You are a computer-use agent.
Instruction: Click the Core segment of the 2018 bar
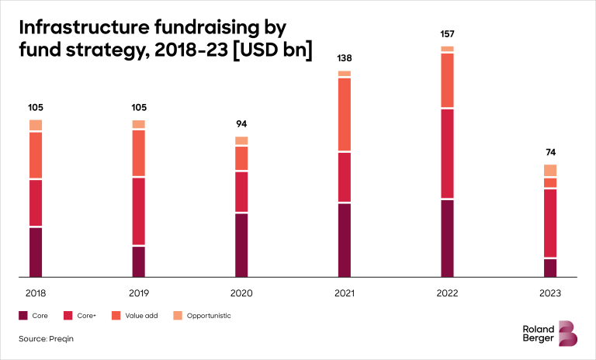click(x=36, y=251)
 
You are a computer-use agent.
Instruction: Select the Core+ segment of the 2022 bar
click(x=447, y=154)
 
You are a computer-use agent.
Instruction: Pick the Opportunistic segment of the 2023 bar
click(x=550, y=170)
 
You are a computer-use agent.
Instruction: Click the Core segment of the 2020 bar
click(x=241, y=244)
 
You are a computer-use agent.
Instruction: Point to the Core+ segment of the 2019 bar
click(x=139, y=211)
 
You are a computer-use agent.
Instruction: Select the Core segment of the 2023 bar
click(x=550, y=267)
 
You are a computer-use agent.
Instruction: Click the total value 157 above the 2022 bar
click(x=447, y=34)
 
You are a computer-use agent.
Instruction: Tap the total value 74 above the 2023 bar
click(x=550, y=152)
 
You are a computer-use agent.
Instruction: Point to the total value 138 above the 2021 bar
click(x=345, y=58)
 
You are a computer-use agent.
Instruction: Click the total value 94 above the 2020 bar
click(x=241, y=123)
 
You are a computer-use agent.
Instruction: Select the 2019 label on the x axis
click(x=139, y=293)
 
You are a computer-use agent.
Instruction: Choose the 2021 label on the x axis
click(x=345, y=293)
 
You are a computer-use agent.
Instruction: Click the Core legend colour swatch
click(x=23, y=316)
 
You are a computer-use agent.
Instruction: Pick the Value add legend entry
click(x=141, y=316)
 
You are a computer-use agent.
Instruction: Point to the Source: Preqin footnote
click(x=46, y=339)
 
